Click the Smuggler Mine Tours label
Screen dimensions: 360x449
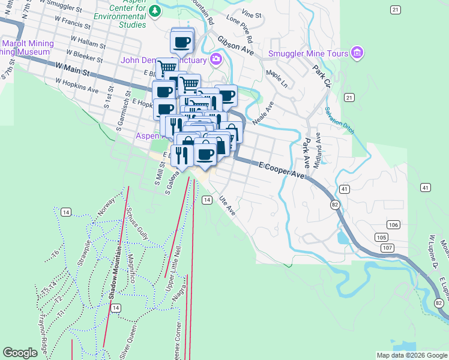tap(309, 54)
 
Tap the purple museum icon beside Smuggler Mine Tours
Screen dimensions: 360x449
tap(358, 53)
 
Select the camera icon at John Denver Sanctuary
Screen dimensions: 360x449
tap(215, 59)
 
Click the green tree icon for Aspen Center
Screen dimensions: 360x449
tap(155, 11)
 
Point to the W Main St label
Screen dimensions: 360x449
tap(71, 69)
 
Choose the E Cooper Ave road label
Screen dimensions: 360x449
tap(282, 169)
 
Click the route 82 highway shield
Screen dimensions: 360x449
tap(334, 205)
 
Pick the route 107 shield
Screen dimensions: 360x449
tap(387, 247)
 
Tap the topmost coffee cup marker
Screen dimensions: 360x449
tap(182, 41)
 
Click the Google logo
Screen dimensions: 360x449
tap(20, 353)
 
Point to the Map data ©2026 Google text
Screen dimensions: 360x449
tap(412, 355)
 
